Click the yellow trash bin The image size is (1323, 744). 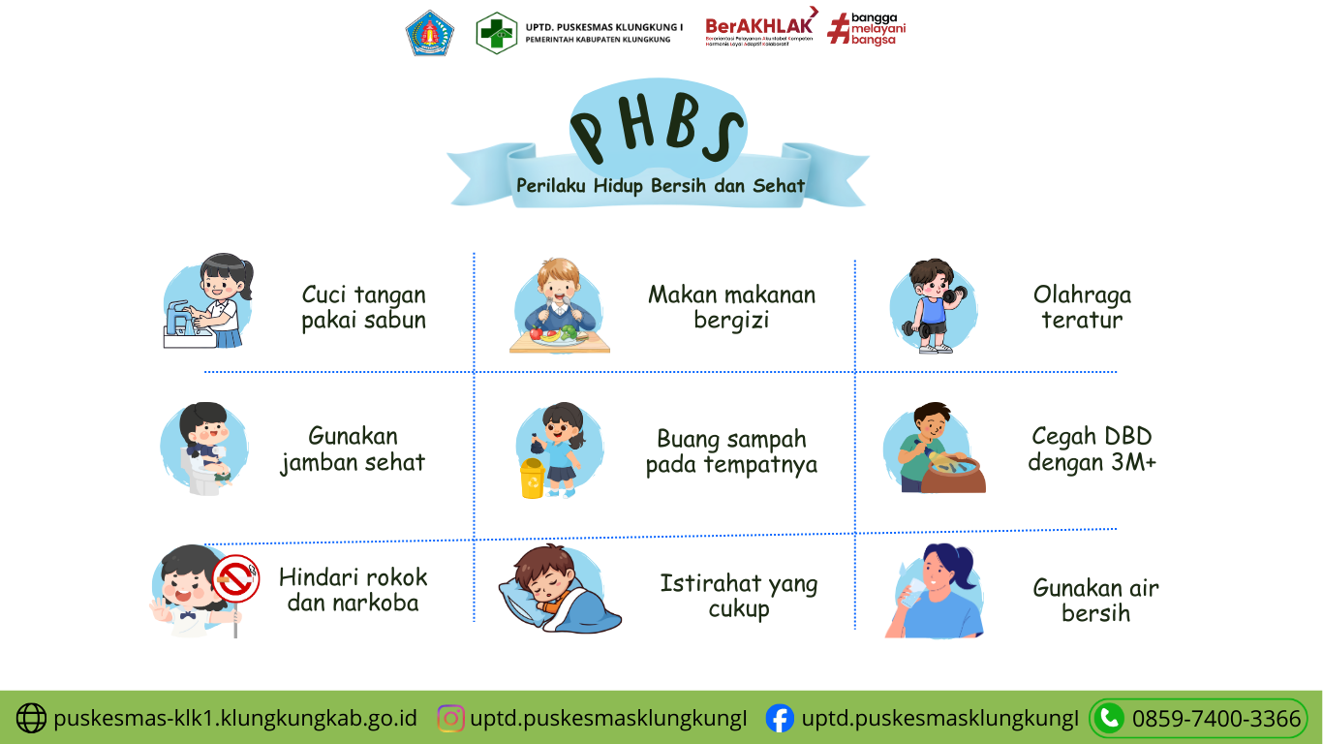[x=532, y=479]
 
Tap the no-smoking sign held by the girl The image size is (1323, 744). [x=235, y=579]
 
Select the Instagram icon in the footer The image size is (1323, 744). [x=450, y=718]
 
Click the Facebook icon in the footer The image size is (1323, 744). [x=780, y=718]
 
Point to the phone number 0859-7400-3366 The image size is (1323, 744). [x=1215, y=719]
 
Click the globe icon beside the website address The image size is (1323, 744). [x=31, y=718]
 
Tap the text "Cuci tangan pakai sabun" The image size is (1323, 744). [x=363, y=307]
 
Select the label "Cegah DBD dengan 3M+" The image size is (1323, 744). [x=1092, y=449]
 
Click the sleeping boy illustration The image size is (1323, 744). [x=559, y=589]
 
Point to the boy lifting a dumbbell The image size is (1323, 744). [x=931, y=305]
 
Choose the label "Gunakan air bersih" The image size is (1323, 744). [x=1095, y=600]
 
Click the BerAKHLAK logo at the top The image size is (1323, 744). [x=760, y=29]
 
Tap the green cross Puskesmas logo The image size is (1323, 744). [x=496, y=33]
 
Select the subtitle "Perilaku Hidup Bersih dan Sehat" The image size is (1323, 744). [x=661, y=185]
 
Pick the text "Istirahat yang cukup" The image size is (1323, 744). [x=738, y=596]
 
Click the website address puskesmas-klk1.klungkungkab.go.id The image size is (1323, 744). [x=235, y=719]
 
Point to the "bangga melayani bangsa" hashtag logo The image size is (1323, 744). [x=867, y=29]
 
